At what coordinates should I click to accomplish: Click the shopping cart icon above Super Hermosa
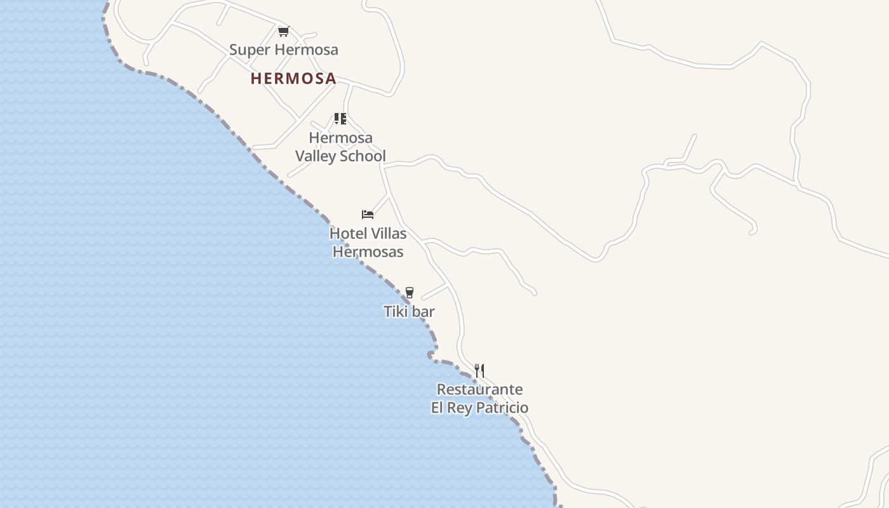tap(283, 31)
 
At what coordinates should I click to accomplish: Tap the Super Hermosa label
tap(283, 50)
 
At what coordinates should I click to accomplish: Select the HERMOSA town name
tap(293, 79)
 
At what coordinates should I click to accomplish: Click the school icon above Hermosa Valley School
tap(340, 119)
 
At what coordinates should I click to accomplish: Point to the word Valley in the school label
tap(317, 156)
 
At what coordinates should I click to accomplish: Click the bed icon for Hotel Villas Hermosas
tap(367, 215)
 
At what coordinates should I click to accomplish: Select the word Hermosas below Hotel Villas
tap(368, 252)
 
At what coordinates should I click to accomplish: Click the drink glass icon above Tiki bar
tap(410, 293)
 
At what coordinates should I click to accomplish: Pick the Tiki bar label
tap(410, 311)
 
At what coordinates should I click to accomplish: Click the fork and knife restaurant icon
tap(479, 371)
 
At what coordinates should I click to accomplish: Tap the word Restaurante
tap(479, 389)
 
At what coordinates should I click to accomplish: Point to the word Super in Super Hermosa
tap(247, 50)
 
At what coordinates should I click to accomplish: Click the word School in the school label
tap(364, 156)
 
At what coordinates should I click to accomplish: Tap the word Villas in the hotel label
tap(387, 234)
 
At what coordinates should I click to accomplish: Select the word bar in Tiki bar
tap(423, 311)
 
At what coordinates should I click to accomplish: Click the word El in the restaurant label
tap(438, 408)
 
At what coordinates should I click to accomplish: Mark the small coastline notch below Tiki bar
tap(432, 354)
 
